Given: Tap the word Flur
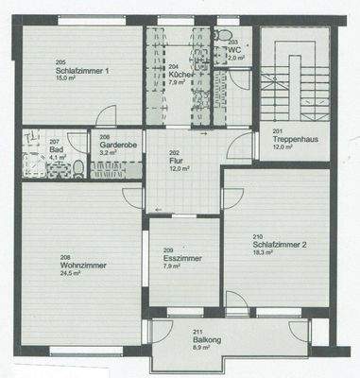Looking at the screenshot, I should (x=176, y=161).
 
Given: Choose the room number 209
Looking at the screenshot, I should (x=169, y=249).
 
